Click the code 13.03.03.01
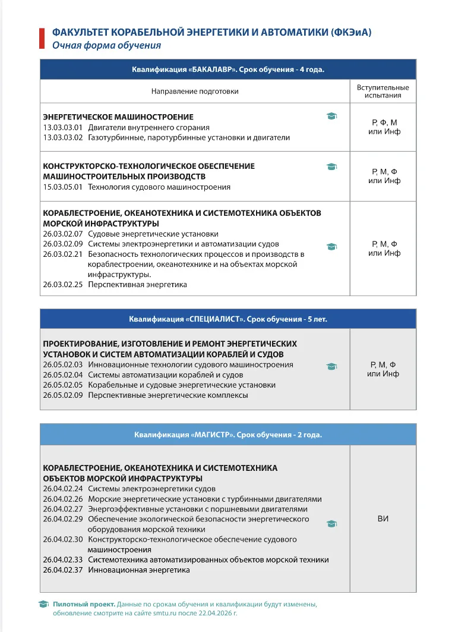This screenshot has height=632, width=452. (62, 128)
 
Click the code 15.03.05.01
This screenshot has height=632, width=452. (62, 187)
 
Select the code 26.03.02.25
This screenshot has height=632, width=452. (62, 285)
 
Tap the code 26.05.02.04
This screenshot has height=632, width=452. (62, 375)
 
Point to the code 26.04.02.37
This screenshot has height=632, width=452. (62, 570)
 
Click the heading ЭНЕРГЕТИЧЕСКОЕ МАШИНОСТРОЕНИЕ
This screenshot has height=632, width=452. (118, 117)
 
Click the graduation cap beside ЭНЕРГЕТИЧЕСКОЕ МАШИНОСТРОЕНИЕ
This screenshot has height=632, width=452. (332, 117)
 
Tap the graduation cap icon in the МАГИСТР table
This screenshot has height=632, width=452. (332, 524)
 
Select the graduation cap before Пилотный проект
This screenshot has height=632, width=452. (44, 604)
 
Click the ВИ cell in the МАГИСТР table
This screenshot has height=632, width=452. (383, 519)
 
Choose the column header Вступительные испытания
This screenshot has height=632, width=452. (383, 91)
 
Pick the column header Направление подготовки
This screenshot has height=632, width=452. (195, 92)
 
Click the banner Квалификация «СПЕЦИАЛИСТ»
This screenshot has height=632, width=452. (228, 319)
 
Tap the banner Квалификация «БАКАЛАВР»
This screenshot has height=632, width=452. (228, 70)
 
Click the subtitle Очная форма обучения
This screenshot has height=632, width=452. (106, 45)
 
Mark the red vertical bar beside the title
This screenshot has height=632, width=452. (42, 37)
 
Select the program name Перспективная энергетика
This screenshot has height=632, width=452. (137, 285)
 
